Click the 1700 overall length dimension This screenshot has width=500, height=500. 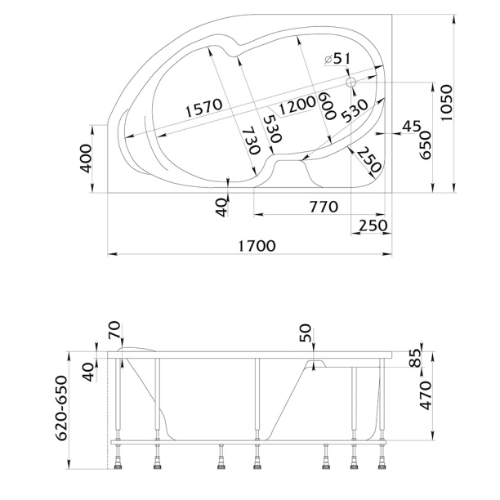(257, 246)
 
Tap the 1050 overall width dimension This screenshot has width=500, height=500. (446, 103)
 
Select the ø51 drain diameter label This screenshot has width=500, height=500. (337, 59)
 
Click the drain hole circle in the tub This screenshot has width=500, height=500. (350, 83)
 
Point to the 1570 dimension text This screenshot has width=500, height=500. (203, 108)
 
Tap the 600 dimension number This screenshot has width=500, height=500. (328, 105)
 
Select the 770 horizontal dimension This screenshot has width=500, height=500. (324, 207)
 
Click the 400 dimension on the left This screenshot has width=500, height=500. (86, 158)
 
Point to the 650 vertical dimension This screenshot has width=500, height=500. (426, 145)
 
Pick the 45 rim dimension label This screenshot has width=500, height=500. (411, 127)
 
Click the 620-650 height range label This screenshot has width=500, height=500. (61, 408)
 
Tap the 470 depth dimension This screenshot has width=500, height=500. (426, 395)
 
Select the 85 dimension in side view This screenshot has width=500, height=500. (415, 358)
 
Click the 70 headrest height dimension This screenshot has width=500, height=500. (114, 331)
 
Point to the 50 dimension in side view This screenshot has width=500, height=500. (306, 333)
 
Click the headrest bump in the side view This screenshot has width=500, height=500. (136, 349)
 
